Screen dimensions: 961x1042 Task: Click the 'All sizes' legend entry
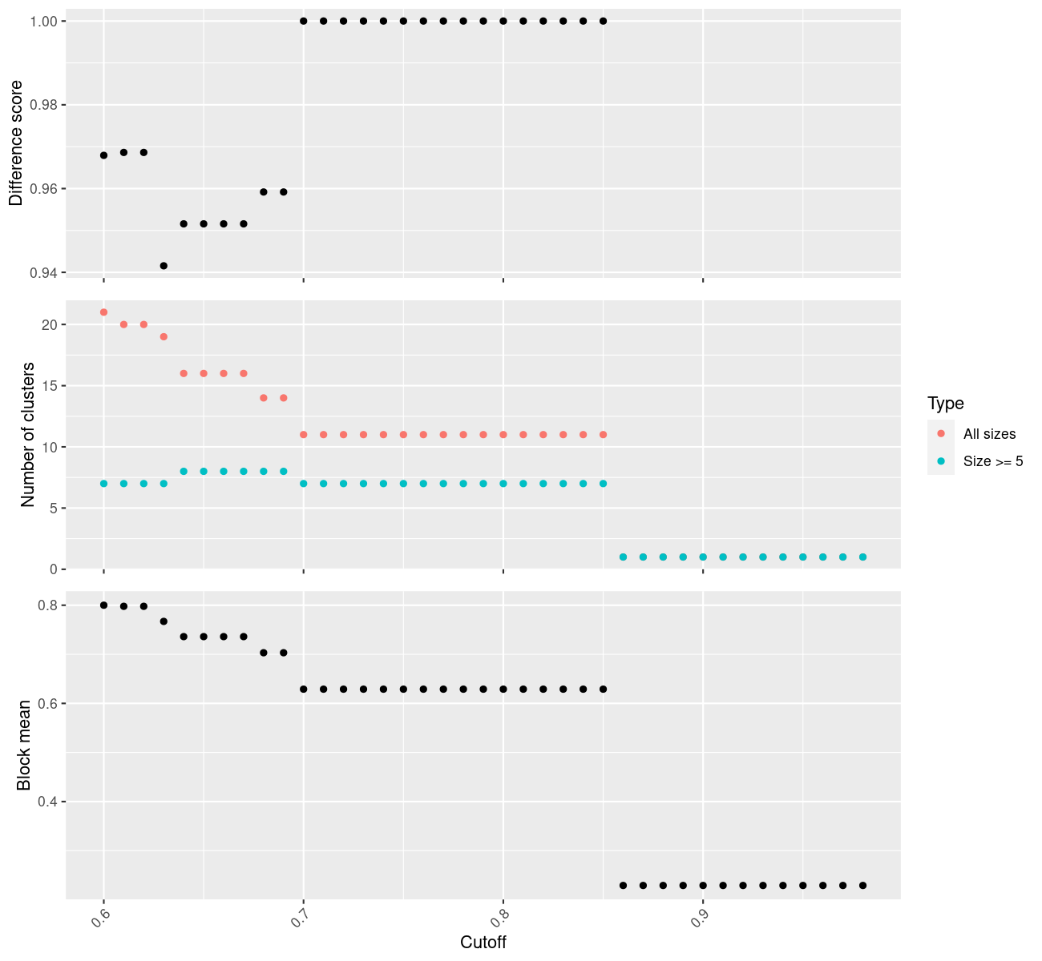[x=989, y=434]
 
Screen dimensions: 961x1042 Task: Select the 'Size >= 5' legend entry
[x=993, y=461]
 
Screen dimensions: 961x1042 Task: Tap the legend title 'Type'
[x=945, y=404]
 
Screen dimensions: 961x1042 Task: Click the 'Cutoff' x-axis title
[x=483, y=942]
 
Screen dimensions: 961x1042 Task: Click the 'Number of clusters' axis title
[x=28, y=435]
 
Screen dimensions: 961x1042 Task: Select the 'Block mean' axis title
[x=24, y=745]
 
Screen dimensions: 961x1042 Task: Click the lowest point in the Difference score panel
[x=164, y=265]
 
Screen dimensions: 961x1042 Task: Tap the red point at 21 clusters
[x=103, y=312]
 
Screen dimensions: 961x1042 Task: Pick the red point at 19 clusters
[x=164, y=336]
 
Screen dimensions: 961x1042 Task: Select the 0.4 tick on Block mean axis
[x=48, y=802]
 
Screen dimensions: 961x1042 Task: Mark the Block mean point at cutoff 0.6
[x=103, y=605]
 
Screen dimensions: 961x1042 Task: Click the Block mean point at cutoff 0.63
[x=164, y=621]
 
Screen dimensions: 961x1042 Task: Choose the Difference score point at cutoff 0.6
[x=103, y=155]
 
